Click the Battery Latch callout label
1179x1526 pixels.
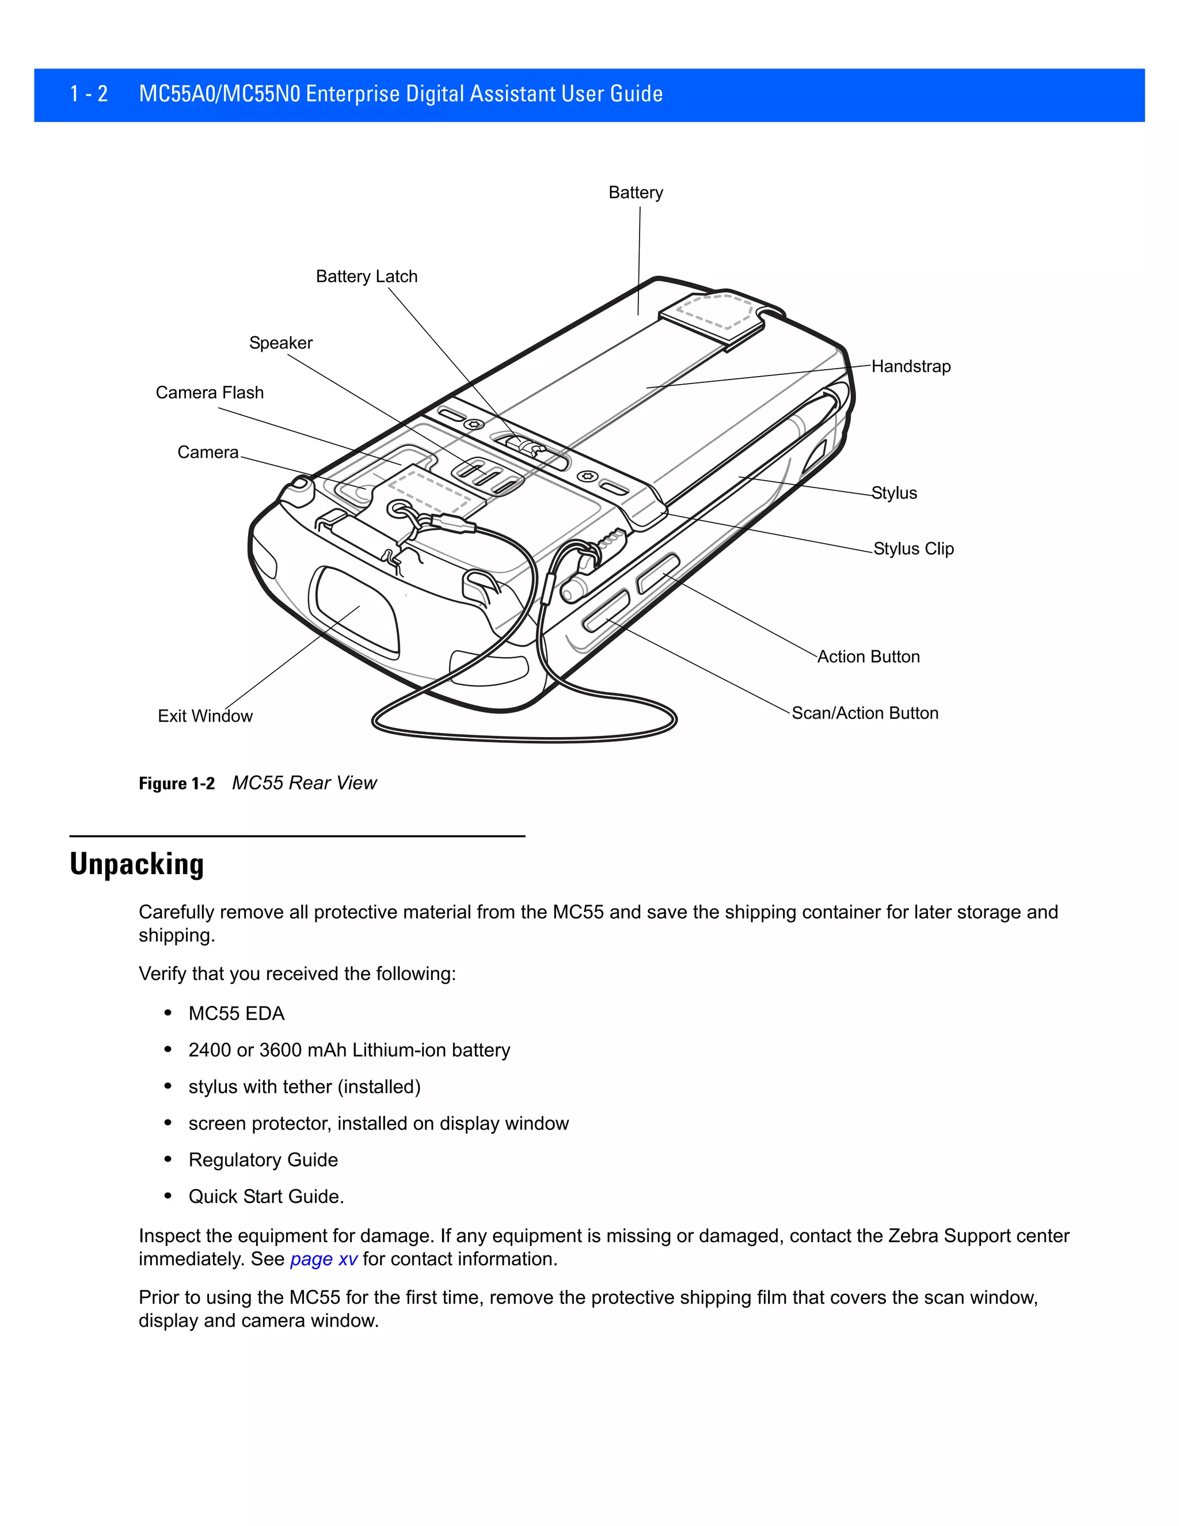tap(366, 276)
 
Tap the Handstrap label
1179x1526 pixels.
tap(911, 367)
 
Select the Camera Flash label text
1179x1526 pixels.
tap(210, 393)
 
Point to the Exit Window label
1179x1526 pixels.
tap(204, 716)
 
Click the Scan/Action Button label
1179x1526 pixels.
tap(865, 713)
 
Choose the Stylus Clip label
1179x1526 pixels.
tap(913, 549)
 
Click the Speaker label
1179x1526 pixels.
tap(281, 343)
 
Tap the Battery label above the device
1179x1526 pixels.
tap(636, 193)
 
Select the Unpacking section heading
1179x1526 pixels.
tap(137, 864)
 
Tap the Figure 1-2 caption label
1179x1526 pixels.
tap(177, 783)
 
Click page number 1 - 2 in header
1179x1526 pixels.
tap(89, 94)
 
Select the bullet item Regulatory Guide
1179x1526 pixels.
tap(263, 1160)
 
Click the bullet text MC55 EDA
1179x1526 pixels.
tap(236, 1014)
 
